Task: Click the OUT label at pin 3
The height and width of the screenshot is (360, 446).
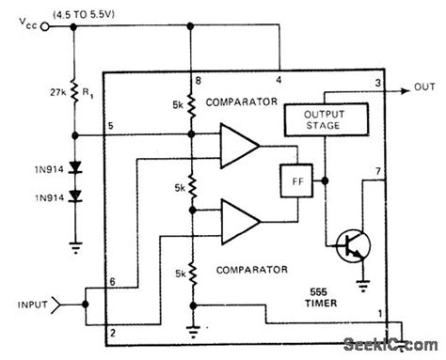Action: coord(424,92)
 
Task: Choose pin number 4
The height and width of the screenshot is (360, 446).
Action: coord(279,79)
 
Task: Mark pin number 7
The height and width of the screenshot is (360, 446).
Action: coord(378,172)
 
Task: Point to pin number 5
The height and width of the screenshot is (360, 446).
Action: coord(111,126)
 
